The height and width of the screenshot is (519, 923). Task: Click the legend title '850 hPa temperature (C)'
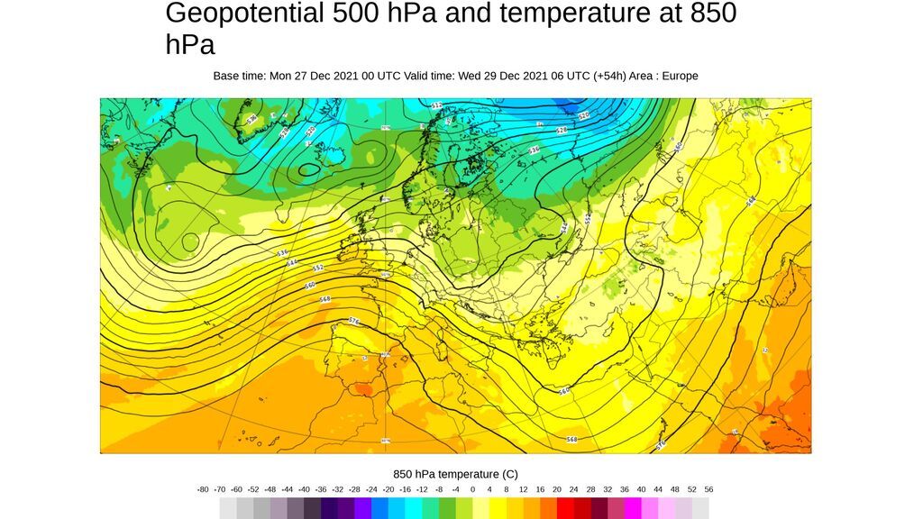tap(455, 474)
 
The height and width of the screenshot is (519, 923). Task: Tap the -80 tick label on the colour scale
tap(203, 489)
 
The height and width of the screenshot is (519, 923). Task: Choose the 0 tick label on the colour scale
tap(472, 489)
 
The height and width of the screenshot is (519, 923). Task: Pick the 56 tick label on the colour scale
tap(708, 489)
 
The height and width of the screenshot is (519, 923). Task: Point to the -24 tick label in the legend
tap(371, 489)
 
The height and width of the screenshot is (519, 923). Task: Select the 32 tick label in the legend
tap(608, 489)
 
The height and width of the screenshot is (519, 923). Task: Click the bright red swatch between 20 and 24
tap(565, 508)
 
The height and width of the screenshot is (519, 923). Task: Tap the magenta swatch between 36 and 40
tap(633, 508)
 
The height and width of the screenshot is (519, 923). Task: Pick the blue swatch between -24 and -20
tap(379, 508)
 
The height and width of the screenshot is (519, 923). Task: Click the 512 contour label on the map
tap(437, 105)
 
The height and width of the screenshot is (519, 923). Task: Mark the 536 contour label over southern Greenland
tap(251, 119)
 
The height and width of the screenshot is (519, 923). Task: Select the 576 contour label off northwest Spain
tap(353, 321)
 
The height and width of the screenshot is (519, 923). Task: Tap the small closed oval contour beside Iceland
tap(309, 168)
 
